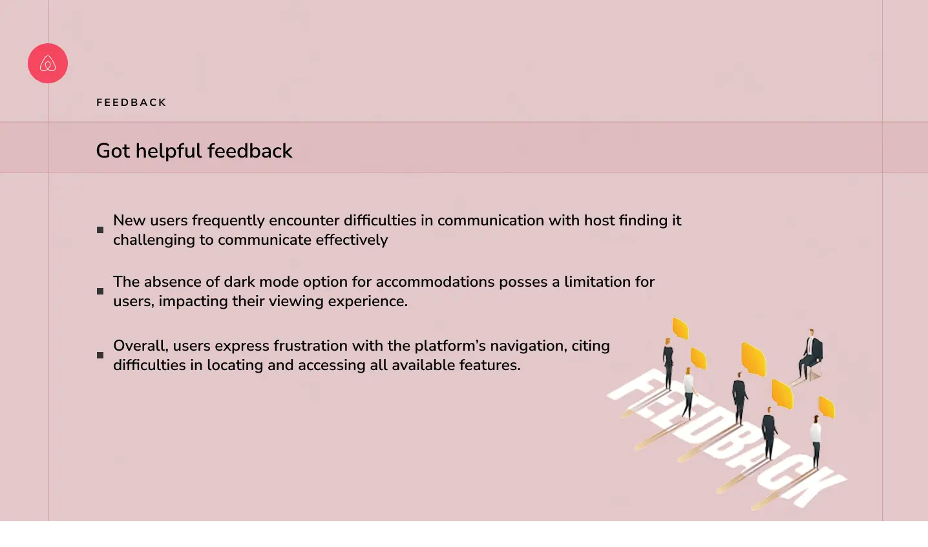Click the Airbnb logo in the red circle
48,63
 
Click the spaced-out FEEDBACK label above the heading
131,102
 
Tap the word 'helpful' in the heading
169,150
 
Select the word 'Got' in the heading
113,150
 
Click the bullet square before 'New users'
100,230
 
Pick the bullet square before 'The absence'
100,291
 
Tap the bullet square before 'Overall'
100,355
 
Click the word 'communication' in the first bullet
491,220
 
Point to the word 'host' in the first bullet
600,220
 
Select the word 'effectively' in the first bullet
352,240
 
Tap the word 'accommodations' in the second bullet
435,282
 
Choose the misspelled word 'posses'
523,283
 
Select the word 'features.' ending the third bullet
490,366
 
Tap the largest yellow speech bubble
753,359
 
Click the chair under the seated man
814,373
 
